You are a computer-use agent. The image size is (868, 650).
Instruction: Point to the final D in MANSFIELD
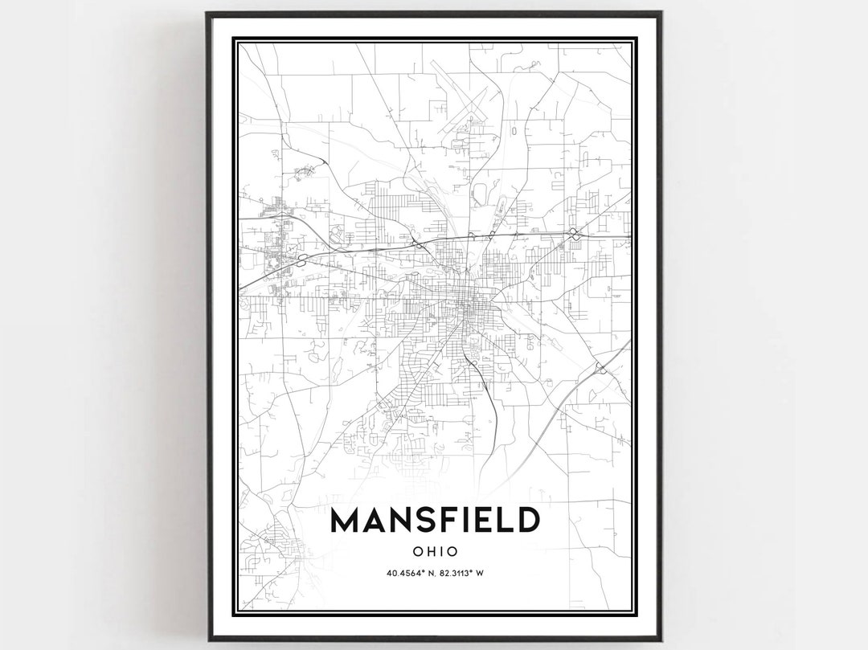(527, 521)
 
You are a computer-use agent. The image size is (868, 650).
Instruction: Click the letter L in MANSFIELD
(502, 521)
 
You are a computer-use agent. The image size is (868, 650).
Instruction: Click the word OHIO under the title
(435, 552)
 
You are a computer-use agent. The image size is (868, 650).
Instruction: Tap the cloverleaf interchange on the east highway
(574, 233)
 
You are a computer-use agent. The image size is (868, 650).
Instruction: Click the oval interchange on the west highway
(303, 260)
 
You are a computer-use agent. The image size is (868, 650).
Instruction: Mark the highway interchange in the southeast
(601, 369)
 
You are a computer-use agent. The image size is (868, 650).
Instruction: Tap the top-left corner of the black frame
(208, 14)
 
